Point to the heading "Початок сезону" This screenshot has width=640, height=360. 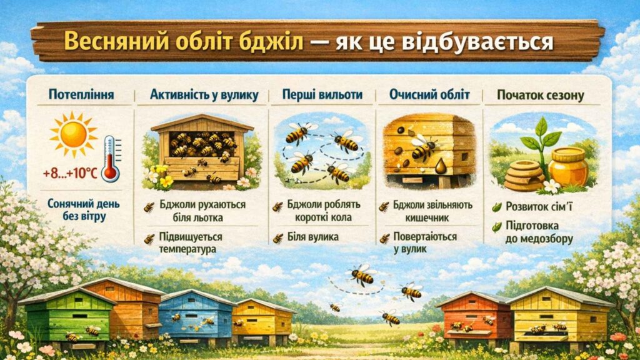pyautogui.click(x=540, y=96)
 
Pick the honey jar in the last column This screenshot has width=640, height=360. pyautogui.click(x=568, y=167)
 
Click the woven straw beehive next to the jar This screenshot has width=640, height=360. pyautogui.click(x=524, y=174)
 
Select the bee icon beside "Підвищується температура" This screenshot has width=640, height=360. pyautogui.click(x=149, y=239)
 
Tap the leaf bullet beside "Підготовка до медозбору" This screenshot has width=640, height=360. pyautogui.click(x=497, y=227)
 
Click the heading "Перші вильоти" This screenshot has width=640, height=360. pyautogui.click(x=321, y=96)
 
